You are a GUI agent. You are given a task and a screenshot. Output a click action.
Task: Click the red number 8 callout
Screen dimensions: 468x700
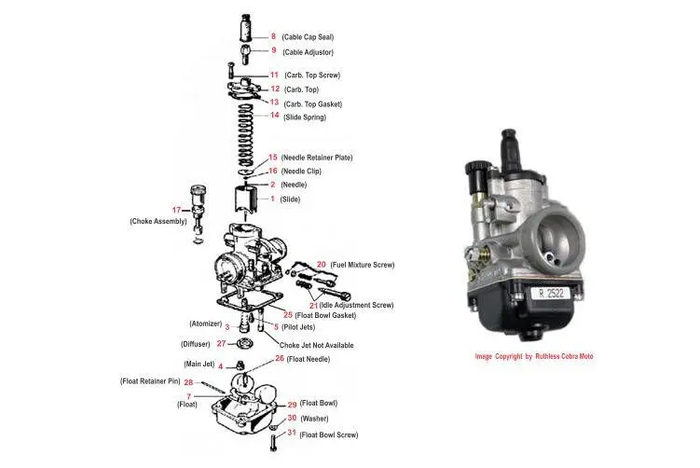[x=273, y=36]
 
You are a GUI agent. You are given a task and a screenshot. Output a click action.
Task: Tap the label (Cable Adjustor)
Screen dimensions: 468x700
[x=308, y=52]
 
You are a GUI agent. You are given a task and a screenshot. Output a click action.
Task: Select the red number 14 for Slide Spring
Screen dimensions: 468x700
[x=274, y=117]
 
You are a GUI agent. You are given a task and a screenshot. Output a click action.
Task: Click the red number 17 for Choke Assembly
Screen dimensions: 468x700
[x=177, y=209]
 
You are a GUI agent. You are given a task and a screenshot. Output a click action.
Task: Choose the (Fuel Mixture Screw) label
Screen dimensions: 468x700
[x=363, y=266]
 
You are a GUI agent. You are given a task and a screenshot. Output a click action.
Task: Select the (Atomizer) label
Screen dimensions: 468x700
[x=205, y=325]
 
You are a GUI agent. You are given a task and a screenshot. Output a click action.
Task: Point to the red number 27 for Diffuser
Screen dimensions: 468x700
[x=221, y=343]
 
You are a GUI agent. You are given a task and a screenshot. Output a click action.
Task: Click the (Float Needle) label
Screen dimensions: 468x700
[x=309, y=359]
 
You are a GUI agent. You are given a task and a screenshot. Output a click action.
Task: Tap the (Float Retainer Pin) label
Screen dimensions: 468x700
[x=150, y=381]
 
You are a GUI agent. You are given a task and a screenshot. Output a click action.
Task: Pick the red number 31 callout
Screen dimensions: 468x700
[x=291, y=434]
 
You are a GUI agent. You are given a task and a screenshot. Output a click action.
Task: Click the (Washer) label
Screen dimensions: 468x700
[x=314, y=419]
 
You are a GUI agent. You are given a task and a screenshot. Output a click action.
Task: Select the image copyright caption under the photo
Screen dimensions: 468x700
[x=533, y=357]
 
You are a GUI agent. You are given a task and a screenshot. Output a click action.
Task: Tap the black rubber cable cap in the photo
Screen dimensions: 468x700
[x=510, y=145]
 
